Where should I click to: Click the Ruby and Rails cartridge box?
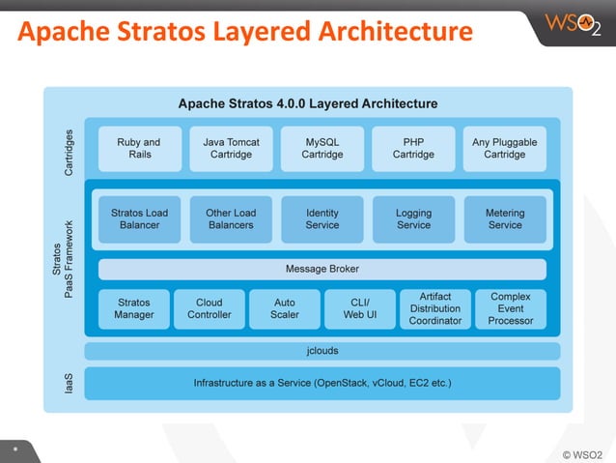(x=139, y=148)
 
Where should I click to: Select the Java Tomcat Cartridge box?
(x=231, y=148)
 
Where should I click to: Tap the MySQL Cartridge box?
(x=322, y=148)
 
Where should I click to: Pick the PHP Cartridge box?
(x=413, y=148)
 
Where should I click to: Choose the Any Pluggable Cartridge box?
(x=505, y=148)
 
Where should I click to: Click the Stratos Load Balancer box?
(x=139, y=219)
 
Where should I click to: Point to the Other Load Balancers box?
(x=231, y=219)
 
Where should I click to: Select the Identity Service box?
(x=322, y=219)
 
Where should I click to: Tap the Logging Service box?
(x=413, y=219)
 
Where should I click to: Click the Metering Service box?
(x=505, y=219)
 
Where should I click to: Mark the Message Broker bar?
(x=322, y=269)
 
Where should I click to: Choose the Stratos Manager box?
(x=133, y=308)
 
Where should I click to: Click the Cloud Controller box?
(x=210, y=308)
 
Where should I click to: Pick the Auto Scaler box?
(x=285, y=308)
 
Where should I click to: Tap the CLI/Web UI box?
(x=360, y=308)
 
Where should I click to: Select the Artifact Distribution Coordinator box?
(x=435, y=308)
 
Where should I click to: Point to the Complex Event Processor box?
(x=511, y=308)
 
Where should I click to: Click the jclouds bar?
(x=322, y=350)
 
